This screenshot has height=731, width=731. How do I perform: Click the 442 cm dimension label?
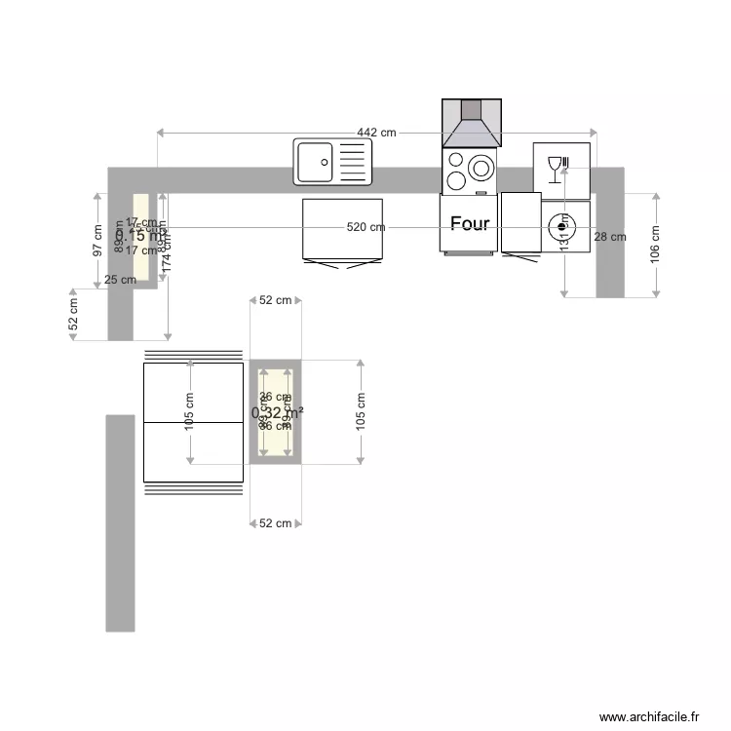tap(376, 133)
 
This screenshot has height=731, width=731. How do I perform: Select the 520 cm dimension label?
tap(365, 227)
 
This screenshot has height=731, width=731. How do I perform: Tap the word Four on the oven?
tap(470, 224)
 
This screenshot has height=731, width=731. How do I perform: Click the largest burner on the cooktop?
tap(481, 168)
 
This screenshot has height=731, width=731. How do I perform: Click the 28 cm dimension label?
tap(610, 237)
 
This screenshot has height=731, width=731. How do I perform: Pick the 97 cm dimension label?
tap(97, 240)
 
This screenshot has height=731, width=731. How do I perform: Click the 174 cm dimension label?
tap(167, 248)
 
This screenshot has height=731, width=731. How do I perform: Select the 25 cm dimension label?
tap(120, 280)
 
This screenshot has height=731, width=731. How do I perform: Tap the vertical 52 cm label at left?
tap(73, 315)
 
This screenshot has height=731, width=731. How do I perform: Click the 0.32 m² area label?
tap(277, 412)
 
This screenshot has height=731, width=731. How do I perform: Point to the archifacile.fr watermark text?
tap(650, 716)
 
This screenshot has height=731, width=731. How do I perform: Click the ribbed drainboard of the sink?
tap(354, 162)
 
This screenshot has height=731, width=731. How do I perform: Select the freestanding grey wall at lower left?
tap(120, 522)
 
